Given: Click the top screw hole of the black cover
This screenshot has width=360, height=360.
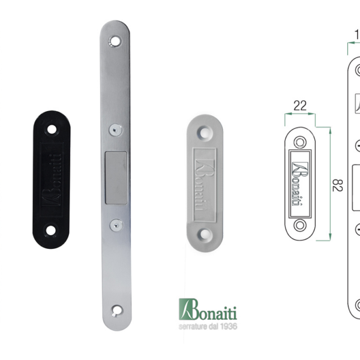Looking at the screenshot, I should coord(52,128).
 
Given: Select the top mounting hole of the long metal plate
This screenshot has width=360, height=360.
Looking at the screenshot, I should coord(115,42).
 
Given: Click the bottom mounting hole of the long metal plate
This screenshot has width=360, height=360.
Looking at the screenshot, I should coord(116,310).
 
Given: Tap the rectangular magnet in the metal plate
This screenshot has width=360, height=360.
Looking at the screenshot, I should coord(116,177).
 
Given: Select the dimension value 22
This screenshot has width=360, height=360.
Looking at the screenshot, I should coord(300,106).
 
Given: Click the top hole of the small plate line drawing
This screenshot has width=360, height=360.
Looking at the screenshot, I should coord(299,141).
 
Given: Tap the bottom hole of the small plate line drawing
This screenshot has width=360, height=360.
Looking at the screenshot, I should coord(299,225).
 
